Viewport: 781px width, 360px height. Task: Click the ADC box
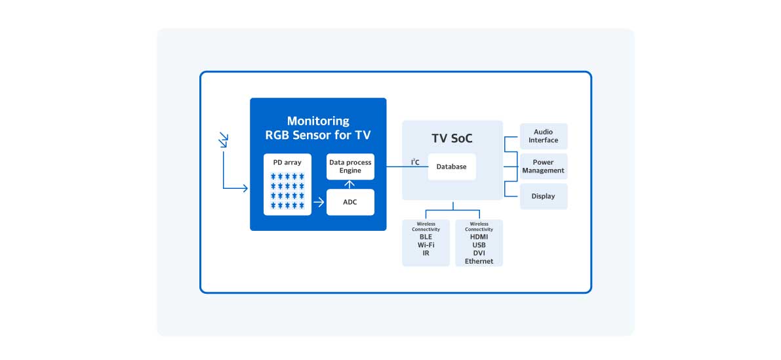tap(350, 202)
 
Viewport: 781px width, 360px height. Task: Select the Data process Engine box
tap(350, 167)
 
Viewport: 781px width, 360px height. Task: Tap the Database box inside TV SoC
tap(451, 167)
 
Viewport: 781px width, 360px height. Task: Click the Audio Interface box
tap(544, 136)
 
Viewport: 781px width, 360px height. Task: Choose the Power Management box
tap(543, 167)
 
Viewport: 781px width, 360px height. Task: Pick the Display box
tap(543, 196)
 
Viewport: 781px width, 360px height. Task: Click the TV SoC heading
tap(452, 139)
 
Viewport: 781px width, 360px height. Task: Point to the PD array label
tap(287, 162)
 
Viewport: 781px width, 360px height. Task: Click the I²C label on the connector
tap(415, 162)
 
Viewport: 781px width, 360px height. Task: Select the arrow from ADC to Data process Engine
tap(350, 184)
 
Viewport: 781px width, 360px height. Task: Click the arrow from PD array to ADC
tap(319, 202)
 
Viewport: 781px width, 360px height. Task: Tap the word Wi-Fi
tap(426, 245)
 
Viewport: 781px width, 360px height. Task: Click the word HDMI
tap(479, 237)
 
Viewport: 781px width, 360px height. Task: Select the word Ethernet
tap(479, 261)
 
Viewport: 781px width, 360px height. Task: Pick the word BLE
tap(426, 237)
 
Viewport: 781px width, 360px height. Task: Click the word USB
tap(479, 245)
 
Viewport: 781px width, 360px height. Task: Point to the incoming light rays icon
tap(224, 140)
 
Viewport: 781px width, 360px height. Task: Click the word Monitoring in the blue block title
tap(318, 121)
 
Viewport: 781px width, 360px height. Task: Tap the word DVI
tap(479, 253)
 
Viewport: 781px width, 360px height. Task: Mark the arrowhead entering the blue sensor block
tap(245, 189)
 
